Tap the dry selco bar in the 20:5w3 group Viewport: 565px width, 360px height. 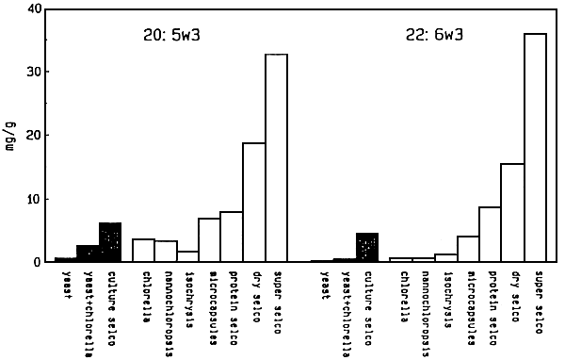[254, 203]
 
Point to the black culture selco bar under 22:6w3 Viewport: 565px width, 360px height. [368, 248]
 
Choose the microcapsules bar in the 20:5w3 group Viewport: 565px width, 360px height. [209, 240]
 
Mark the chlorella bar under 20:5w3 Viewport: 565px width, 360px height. [143, 251]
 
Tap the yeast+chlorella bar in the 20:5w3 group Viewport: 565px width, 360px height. [88, 254]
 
